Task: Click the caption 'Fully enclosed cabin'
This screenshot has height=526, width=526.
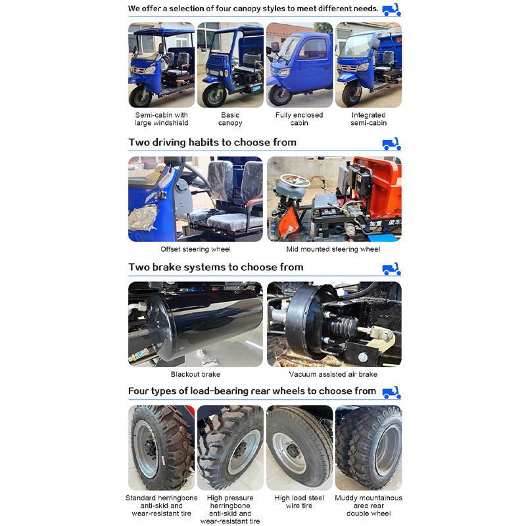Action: coord(299,119)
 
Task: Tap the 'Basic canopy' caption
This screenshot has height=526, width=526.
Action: coord(230,119)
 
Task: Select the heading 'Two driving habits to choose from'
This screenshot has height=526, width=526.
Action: coord(212,143)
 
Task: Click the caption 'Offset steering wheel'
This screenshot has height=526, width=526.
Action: coord(195,249)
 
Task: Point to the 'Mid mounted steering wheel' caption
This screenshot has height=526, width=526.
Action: coord(333,249)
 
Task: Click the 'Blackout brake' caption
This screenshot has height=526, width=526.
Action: coord(195,374)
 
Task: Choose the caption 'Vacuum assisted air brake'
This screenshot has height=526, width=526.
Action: coord(333,374)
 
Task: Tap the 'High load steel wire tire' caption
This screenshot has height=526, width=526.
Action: coord(299,502)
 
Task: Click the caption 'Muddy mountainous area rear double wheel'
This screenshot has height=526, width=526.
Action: coord(368,506)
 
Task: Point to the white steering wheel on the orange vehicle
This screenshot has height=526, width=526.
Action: coord(295,181)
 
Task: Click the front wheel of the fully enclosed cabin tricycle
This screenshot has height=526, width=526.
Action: coord(280,95)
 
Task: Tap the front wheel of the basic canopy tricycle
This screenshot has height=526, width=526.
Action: coord(214,96)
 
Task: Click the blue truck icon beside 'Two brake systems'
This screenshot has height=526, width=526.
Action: coord(391,269)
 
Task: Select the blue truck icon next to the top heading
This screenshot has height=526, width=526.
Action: coord(391,10)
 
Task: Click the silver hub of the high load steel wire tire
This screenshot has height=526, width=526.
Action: coord(289,453)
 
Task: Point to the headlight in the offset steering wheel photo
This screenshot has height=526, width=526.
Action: coord(143,218)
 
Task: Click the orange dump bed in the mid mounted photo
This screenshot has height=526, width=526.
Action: coord(379,188)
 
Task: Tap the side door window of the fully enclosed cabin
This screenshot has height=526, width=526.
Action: coord(313,49)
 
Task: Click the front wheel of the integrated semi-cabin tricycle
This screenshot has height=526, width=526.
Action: coord(352,94)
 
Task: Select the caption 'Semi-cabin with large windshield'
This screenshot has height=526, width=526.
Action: coord(161,119)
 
